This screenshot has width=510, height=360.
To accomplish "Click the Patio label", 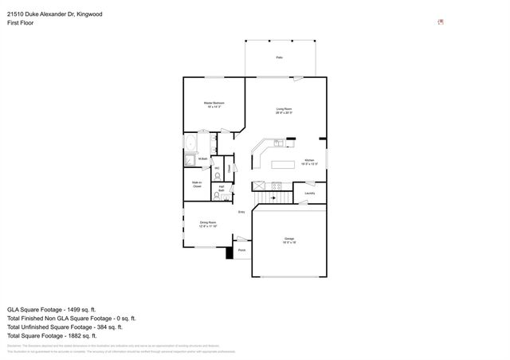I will (x=280, y=58).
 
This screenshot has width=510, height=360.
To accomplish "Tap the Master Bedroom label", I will (x=213, y=106).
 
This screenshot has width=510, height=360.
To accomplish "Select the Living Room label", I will (x=284, y=111).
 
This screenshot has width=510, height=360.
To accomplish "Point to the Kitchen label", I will (x=310, y=162).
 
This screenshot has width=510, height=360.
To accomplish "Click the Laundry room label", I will (x=310, y=193).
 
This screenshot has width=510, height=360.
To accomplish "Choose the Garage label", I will (x=289, y=240).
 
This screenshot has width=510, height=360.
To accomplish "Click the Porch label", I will (x=241, y=249).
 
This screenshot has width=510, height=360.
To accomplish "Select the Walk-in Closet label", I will (x=196, y=184).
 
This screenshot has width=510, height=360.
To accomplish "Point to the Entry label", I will (x=241, y=212).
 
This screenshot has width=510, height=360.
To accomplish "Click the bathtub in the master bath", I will (x=192, y=144).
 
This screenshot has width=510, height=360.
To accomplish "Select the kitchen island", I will (x=283, y=165).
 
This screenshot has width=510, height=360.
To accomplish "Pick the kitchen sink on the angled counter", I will (x=277, y=143).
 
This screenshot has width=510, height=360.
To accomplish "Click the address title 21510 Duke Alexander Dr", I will (x=55, y=14).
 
